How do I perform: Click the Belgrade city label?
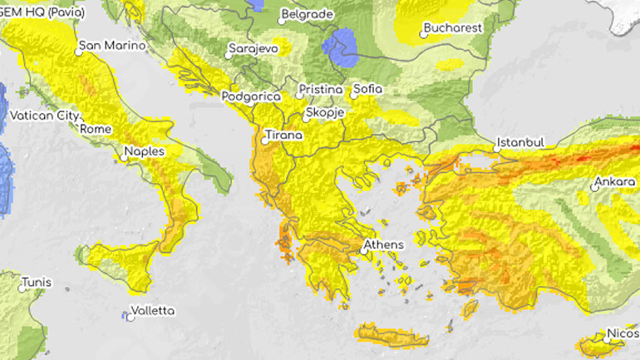(308, 14)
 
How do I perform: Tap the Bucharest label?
(453, 27)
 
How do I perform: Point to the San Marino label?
(112, 46)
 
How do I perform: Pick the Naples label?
(145, 152)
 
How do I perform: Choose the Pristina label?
(322, 90)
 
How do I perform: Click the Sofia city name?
(368, 88)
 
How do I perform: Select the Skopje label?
(325, 113)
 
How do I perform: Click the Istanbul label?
(520, 142)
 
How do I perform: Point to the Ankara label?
(616, 182)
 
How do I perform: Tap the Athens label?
(383, 244)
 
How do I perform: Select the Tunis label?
(36, 282)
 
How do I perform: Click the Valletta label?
(154, 311)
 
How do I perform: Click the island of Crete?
(391, 335)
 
